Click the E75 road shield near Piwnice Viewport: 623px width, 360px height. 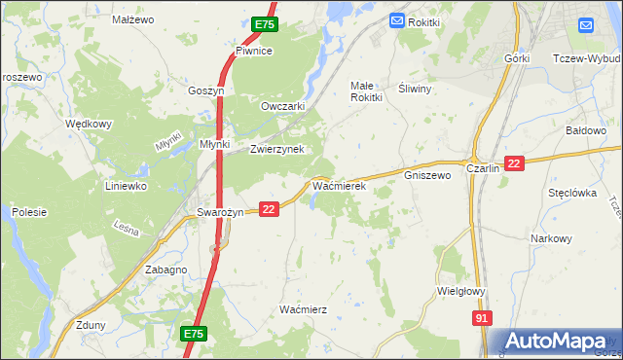pyautogui.click(x=264, y=23)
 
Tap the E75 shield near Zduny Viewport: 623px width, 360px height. pyautogui.click(x=193, y=334)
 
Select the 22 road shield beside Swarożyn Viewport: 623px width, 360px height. pyautogui.click(x=270, y=208)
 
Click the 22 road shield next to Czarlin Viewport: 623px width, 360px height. pyautogui.click(x=515, y=164)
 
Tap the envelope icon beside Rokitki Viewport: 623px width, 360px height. pyautogui.click(x=396, y=20)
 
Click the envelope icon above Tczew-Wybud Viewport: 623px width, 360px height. pyautogui.click(x=586, y=25)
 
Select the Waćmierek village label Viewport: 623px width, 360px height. pyautogui.click(x=338, y=184)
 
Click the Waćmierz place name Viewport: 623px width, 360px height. pyautogui.click(x=303, y=308)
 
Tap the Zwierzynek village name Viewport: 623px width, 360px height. pyautogui.click(x=277, y=149)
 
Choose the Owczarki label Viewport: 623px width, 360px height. pyautogui.click(x=283, y=106)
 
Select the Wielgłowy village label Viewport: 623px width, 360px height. pyautogui.click(x=461, y=290)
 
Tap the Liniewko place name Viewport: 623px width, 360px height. pyautogui.click(x=126, y=185)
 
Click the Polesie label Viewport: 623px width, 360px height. pyautogui.click(x=29, y=211)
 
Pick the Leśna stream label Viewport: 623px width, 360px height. pyautogui.click(x=126, y=230)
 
